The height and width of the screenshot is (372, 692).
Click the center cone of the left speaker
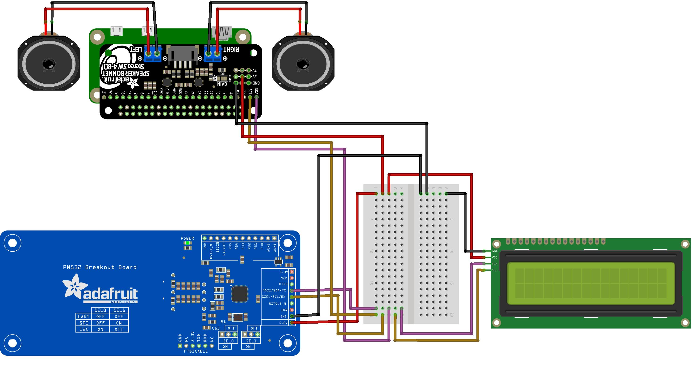(49, 64)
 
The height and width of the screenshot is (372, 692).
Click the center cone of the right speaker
(303, 64)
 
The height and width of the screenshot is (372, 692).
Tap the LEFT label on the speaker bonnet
(136, 50)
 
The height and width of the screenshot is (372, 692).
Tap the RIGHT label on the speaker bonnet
(231, 50)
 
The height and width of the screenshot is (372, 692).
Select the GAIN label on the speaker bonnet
(222, 84)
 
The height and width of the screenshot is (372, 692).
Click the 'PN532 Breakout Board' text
(100, 267)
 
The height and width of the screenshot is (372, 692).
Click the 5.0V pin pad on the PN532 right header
(292, 322)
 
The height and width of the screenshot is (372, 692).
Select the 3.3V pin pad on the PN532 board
(292, 272)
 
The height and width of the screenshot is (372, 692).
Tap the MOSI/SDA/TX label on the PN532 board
(274, 290)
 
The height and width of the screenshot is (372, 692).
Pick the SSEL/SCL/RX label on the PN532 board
(273, 297)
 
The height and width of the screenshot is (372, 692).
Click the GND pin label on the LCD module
(495, 251)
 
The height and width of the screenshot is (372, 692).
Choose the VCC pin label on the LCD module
(495, 257)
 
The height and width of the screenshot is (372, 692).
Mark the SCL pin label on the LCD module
(494, 270)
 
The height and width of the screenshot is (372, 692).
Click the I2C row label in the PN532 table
(84, 329)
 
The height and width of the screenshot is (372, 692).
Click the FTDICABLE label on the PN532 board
(196, 351)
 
